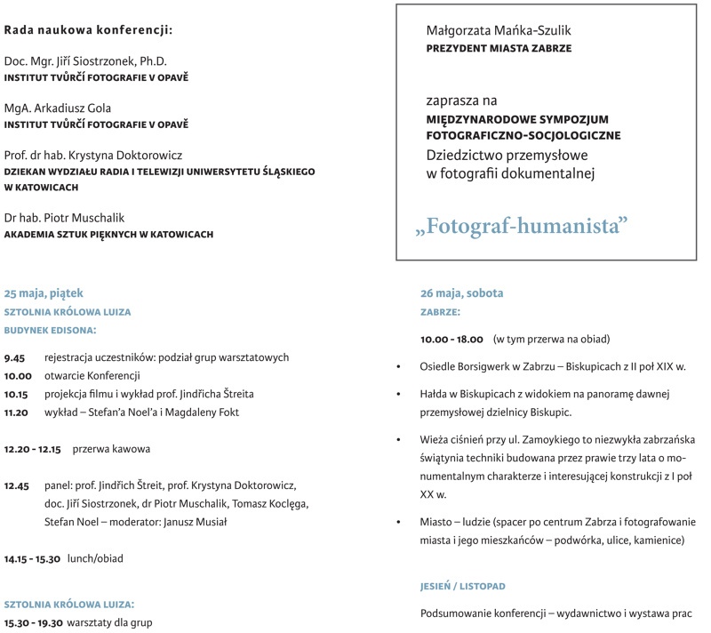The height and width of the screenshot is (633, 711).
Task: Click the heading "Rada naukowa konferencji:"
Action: point(88,29)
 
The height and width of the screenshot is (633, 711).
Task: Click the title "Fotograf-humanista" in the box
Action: point(522,226)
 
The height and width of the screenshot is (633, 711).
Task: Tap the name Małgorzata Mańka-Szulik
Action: point(500,29)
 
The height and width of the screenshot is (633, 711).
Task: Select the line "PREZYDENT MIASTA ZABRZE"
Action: point(499,49)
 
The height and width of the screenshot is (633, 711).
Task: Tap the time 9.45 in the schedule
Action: point(14,357)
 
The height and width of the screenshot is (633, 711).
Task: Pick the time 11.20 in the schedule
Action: point(17,412)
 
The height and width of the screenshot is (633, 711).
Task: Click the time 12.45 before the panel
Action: point(18,485)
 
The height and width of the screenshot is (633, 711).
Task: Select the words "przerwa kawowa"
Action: point(111,449)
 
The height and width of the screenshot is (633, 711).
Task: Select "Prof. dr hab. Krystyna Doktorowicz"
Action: point(86,155)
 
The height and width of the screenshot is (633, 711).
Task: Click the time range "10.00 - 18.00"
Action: point(451,339)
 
